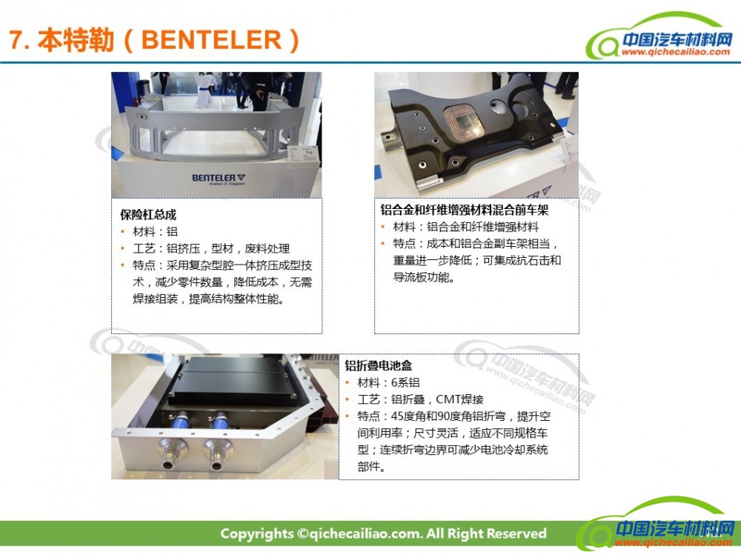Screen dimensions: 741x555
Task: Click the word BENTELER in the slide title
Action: coord(211,40)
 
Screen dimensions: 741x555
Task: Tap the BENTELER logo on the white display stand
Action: coord(219,179)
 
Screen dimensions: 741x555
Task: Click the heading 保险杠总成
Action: coord(148,215)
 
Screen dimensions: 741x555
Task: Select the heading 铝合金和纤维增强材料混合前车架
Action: coord(465,210)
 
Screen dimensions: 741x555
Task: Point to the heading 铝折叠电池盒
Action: coord(379,365)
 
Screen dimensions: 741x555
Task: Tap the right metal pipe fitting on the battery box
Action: coord(217,453)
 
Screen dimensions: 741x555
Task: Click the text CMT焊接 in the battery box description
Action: coord(459,399)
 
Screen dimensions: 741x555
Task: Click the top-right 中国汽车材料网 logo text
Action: coord(677,39)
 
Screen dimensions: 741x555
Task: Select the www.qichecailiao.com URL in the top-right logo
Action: coord(676,52)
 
